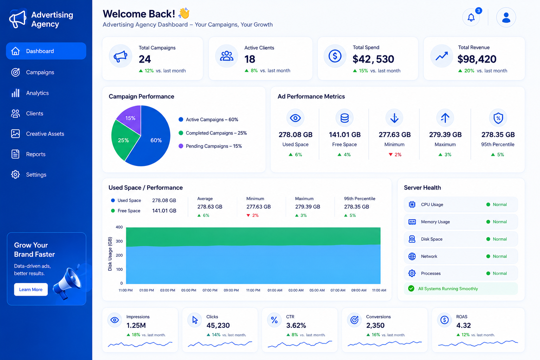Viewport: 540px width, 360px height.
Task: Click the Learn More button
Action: coord(31,289)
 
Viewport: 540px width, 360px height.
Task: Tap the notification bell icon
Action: coord(471,17)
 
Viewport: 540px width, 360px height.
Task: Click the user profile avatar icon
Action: coord(506,17)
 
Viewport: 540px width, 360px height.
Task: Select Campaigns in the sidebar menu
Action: coord(40,72)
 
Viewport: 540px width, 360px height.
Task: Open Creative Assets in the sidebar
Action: coord(45,134)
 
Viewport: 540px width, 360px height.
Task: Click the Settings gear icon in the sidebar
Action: coord(15,174)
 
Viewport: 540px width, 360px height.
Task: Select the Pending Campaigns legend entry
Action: coord(210,146)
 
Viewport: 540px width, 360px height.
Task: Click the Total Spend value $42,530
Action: coord(373,59)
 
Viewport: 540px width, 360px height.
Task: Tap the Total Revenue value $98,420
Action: coord(477,59)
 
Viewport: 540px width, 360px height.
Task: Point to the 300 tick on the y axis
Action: coord(119,241)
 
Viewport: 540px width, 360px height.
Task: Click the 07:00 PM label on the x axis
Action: coord(210,290)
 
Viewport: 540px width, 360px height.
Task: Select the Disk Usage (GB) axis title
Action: coord(110,254)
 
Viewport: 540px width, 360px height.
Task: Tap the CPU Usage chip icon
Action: coord(412,204)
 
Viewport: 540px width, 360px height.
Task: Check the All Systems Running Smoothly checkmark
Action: coord(411,288)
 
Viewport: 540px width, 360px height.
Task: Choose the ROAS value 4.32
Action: coord(463,325)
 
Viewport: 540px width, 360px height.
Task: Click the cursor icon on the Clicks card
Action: coord(195,320)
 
